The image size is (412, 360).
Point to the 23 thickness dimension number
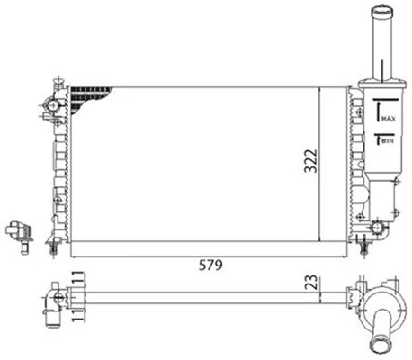(x=309, y=282)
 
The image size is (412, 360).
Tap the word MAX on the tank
(x=388, y=118)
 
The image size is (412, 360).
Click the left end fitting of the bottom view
(x=54, y=297)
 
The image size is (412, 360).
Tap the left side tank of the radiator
(x=63, y=162)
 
